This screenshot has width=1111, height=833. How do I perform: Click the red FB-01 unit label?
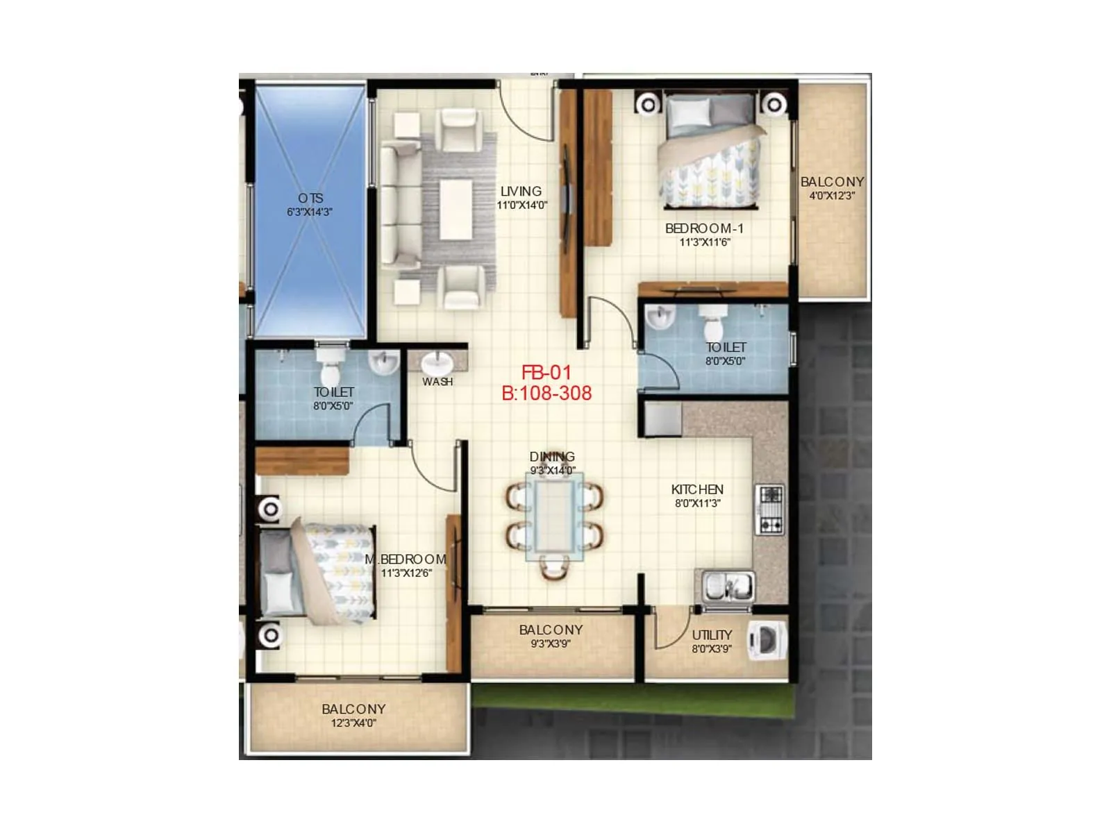546,373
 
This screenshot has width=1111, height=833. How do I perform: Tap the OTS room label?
310,199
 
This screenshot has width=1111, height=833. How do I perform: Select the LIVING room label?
521,192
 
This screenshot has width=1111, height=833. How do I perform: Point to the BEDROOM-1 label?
704,228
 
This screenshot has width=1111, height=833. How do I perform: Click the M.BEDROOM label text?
406,559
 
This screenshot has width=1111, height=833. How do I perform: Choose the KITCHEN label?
697,489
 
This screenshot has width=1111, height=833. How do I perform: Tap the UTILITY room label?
712,635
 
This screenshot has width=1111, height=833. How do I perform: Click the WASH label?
437,382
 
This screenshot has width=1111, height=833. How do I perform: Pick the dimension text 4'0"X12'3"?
832,196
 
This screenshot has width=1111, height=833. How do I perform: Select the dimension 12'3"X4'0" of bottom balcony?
353,723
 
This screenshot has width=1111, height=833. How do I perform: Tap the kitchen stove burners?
771,510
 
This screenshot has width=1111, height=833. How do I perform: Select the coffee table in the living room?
456,208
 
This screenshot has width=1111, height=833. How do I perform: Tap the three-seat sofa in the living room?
399,205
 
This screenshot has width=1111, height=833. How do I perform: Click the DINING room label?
552,457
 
